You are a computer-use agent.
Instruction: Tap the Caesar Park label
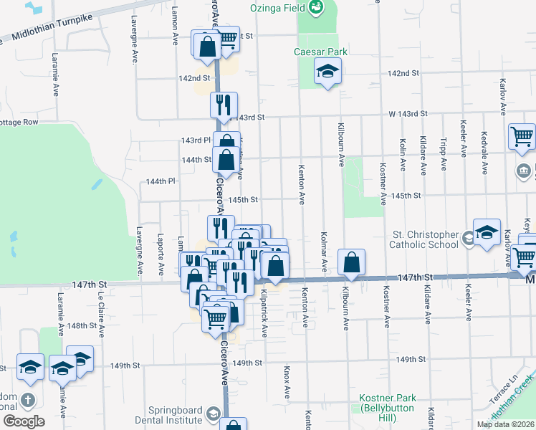(320, 52)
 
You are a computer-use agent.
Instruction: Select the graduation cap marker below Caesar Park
(327, 72)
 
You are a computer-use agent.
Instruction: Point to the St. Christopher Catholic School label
(423, 239)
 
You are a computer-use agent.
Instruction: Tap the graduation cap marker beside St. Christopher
(487, 232)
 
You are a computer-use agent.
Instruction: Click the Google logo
(24, 421)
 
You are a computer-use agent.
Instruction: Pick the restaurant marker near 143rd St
(224, 105)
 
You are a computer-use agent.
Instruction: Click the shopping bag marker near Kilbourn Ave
(351, 263)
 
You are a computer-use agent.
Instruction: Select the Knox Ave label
(286, 383)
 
